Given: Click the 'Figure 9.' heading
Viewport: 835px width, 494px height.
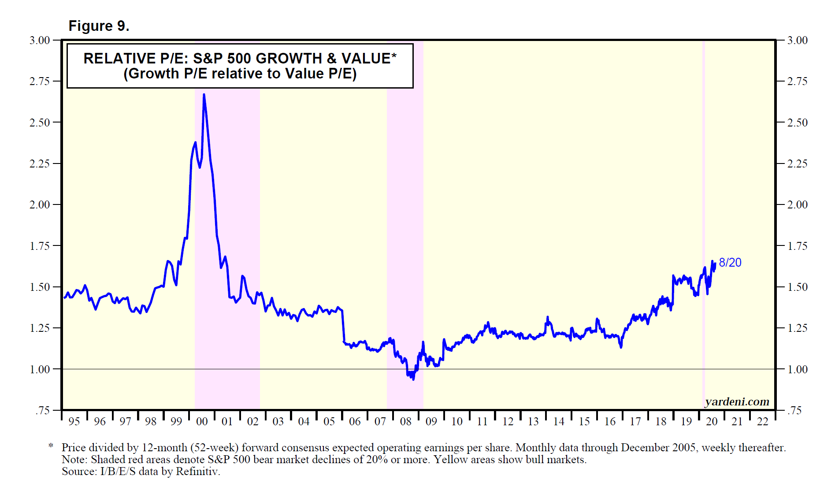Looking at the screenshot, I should coord(99,26).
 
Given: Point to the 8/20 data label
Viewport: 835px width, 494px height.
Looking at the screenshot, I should coord(730,263).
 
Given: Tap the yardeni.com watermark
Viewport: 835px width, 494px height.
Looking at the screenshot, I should coord(737,401).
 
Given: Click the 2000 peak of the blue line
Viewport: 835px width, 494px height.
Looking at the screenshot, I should coord(204,94).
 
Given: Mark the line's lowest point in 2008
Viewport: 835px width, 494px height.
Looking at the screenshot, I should coord(413,379).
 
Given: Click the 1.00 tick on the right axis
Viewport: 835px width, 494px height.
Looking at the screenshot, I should coord(797,369).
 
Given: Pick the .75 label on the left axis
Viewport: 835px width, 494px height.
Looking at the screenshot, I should coord(42,411).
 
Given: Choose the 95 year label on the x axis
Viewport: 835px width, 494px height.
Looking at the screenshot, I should coord(74,422).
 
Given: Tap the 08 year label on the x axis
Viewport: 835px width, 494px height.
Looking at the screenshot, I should coord(405,422).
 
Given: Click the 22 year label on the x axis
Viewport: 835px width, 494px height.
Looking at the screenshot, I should coord(762,422).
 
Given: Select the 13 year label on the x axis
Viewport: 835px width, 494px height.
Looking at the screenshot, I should coord(533,422).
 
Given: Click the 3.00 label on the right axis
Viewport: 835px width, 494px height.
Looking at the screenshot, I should coord(797,41).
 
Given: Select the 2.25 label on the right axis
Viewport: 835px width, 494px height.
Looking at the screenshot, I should coord(797,164).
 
